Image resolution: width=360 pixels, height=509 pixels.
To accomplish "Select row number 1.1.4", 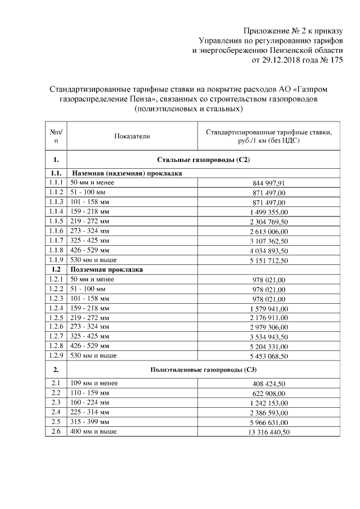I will coord(56,211).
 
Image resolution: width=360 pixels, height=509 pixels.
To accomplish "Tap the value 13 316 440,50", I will coord(269,432).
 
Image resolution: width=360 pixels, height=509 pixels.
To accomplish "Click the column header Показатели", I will coord(132,136).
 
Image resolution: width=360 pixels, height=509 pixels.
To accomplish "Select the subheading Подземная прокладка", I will coord(106,269).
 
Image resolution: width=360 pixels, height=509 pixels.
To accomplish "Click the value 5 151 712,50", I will coord(269,260).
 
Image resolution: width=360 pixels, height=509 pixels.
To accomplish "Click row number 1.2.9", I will coord(56,355).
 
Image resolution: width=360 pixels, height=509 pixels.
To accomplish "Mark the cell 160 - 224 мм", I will coord(89,403).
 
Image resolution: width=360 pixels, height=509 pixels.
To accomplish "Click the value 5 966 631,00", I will coord(269,422).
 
